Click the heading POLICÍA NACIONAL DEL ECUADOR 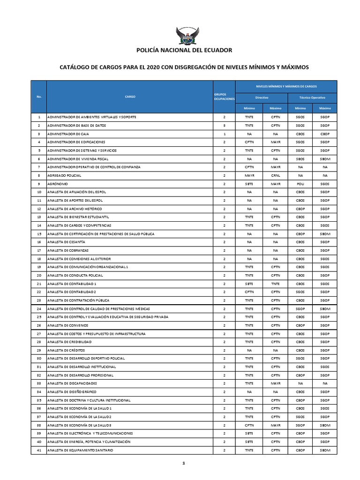pyautogui.click(x=184, y=50)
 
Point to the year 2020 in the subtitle pyautogui.click(x=153, y=67)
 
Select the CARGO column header pyautogui.click(x=130, y=97)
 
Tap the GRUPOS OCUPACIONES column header pyautogui.click(x=224, y=97)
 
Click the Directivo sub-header pyautogui.click(x=262, y=97)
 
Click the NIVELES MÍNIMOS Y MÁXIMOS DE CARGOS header pyautogui.click(x=286, y=87)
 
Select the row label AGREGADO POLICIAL pyautogui.click(x=65, y=175)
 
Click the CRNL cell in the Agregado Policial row pyautogui.click(x=275, y=175)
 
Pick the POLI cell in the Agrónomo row pyautogui.click(x=300, y=184)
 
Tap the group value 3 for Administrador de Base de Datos pyautogui.click(x=225, y=125)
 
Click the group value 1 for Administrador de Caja pyautogui.click(x=225, y=134)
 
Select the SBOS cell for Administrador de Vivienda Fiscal pyautogui.click(x=300, y=158)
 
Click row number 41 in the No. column pyautogui.click(x=39, y=450)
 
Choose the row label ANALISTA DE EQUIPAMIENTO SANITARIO pyautogui.click(x=80, y=450)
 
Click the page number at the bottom pyautogui.click(x=184, y=463)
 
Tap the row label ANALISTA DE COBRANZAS pyautogui.click(x=68, y=250)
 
